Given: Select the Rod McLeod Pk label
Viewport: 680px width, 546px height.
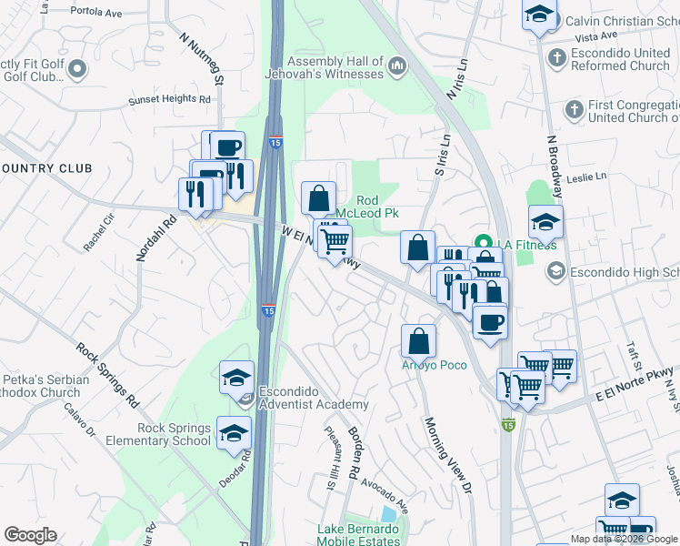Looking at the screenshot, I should pyautogui.click(x=378, y=207).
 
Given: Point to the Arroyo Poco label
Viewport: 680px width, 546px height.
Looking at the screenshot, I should pyautogui.click(x=435, y=365).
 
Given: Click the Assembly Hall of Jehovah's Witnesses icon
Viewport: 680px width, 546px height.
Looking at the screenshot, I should pyautogui.click(x=396, y=66).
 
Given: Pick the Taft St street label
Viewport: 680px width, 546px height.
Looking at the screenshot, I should pyautogui.click(x=635, y=363).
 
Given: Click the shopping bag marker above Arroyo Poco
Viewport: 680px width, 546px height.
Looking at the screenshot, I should pyautogui.click(x=418, y=340).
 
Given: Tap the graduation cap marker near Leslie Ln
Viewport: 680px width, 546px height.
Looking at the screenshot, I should pyautogui.click(x=545, y=222).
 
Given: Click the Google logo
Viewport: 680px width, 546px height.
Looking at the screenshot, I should pyautogui.click(x=31, y=535).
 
